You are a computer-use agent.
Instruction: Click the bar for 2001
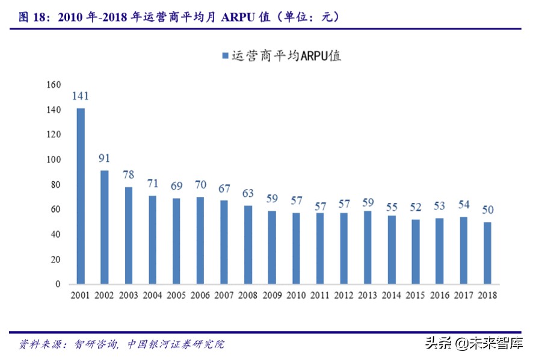coord(81,196)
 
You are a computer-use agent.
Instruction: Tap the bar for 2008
coord(248,244)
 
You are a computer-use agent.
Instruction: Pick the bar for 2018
coord(487,253)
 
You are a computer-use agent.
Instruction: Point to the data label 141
coord(81,96)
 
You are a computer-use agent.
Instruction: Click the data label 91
coord(105,159)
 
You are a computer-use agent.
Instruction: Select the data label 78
coord(129,175)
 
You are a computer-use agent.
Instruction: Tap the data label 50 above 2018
coord(487,210)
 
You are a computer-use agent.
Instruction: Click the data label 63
coord(248,194)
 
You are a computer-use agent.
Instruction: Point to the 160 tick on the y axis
coord(53,85)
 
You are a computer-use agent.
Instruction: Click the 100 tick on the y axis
coord(53,160)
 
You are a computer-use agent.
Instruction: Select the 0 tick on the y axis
coord(58,284)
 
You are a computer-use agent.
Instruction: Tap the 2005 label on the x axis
coord(176,296)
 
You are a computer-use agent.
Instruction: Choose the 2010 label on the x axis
coord(296,296)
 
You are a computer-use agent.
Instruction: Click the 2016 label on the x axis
coord(439,296)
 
